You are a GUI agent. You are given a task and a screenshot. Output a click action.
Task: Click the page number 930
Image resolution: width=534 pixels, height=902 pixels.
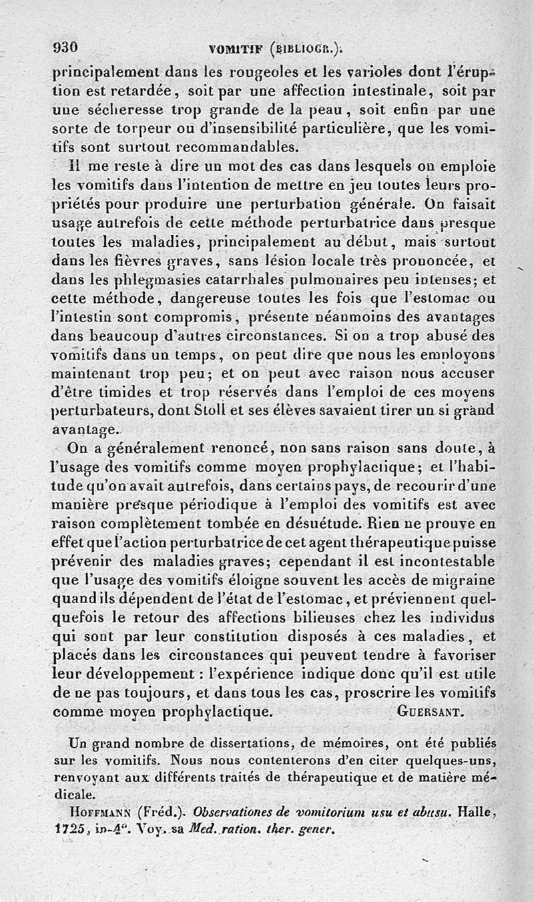tap(66, 47)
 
